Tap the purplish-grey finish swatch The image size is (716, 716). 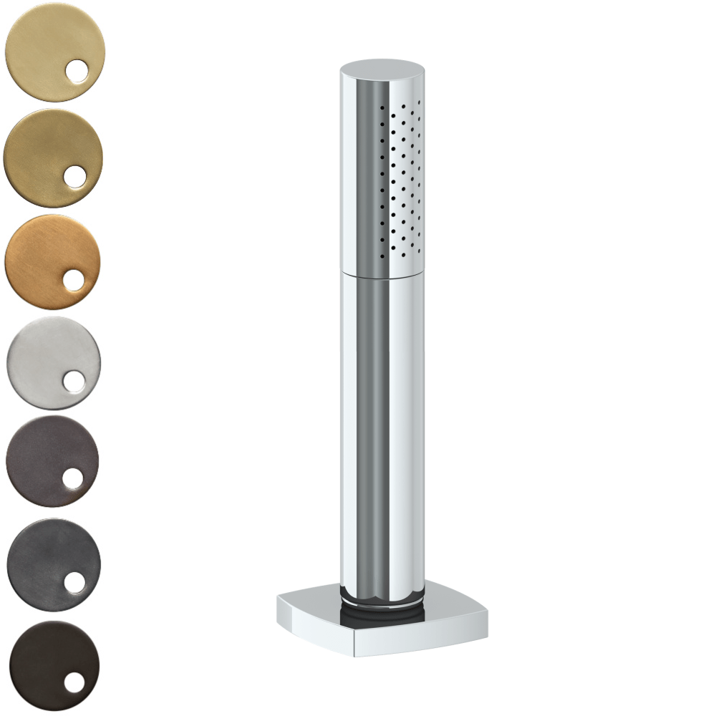pyautogui.click(x=43, y=455)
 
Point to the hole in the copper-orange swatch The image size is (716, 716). pyautogui.click(x=74, y=281)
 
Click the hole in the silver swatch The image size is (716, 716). pyautogui.click(x=73, y=382)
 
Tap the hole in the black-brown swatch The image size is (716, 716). pyautogui.click(x=74, y=682)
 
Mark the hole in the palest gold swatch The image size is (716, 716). pyautogui.click(x=75, y=73)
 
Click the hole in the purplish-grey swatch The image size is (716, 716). pyautogui.click(x=73, y=479)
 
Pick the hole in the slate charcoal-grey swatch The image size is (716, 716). pyautogui.click(x=74, y=582)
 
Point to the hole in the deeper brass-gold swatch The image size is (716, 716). pyautogui.click(x=74, y=176)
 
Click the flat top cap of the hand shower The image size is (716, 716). pyautogui.click(x=382, y=69)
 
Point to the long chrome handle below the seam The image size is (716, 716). pyautogui.click(x=382, y=430)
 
